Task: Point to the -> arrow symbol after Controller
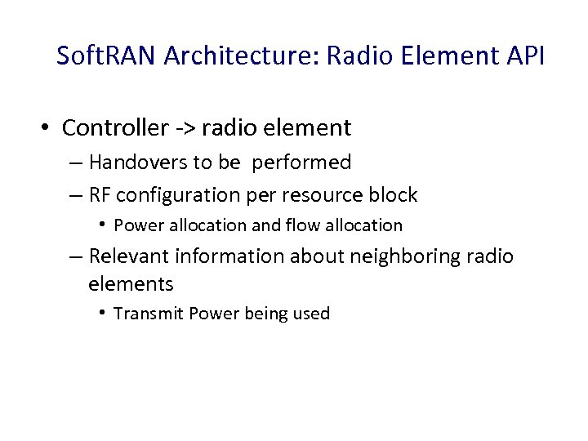185,129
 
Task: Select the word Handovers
138,163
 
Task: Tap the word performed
301,163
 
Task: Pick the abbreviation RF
100,195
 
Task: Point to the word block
395,195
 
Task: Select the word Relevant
127,256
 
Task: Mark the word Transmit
148,314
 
